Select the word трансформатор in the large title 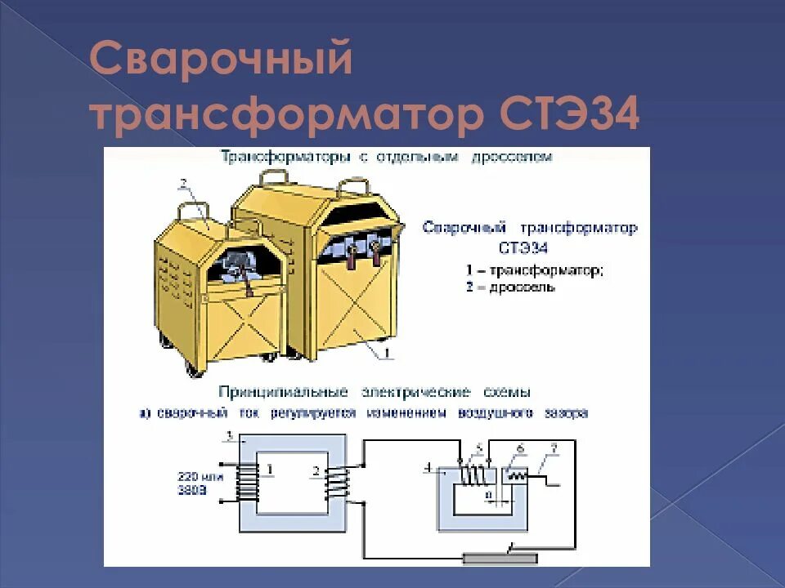point(286,115)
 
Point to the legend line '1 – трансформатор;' point(535,269)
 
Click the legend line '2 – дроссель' point(511,287)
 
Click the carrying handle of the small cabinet point(191,212)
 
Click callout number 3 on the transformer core point(231,434)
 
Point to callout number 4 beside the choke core point(428,466)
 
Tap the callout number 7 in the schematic point(554,448)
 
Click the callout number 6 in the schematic point(519,448)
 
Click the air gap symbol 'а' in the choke point(488,493)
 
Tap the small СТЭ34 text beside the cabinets point(522,247)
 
